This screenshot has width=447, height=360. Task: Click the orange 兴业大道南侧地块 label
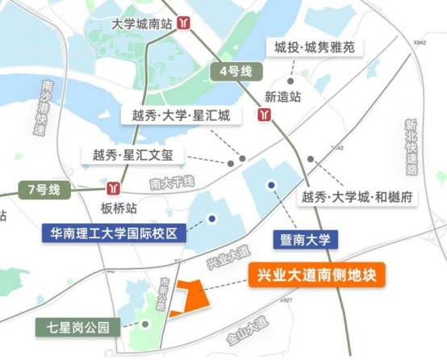tap(316, 275)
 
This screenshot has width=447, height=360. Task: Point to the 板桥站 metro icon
tap(117, 189)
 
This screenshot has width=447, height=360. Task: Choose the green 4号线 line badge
tap(235, 70)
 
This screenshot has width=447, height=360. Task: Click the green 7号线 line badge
tap(44, 190)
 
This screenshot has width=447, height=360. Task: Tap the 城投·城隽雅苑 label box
tap(314, 48)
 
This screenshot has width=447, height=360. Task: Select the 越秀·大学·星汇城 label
tap(181, 115)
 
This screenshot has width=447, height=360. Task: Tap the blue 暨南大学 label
tap(304, 239)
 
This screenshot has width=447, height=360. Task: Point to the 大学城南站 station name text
tap(143, 25)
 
